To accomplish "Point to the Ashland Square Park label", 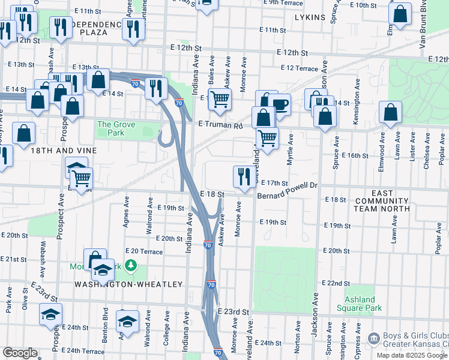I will [363, 304].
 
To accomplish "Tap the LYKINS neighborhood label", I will [310, 17].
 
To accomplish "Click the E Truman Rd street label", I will [220, 125].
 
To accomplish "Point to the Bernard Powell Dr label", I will [287, 186].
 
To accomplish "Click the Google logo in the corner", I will [20, 353].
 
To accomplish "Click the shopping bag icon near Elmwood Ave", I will [390, 113].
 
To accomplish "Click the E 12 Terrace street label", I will [298, 69].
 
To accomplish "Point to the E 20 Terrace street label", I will [143, 251].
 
